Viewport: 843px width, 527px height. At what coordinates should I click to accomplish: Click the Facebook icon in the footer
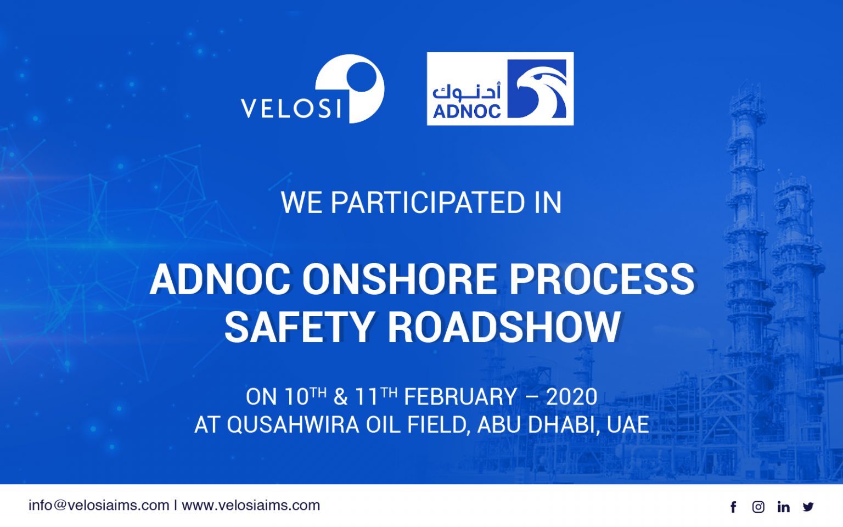[733, 507]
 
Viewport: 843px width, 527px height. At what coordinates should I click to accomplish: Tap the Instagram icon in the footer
[758, 507]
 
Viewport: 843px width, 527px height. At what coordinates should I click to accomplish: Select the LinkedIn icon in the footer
[783, 507]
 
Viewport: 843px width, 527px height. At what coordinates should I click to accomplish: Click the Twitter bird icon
[808, 507]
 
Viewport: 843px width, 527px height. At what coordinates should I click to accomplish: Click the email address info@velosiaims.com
[99, 505]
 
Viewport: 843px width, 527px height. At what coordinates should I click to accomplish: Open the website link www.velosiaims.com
[251, 505]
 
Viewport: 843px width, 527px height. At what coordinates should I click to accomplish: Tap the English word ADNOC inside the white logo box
[467, 111]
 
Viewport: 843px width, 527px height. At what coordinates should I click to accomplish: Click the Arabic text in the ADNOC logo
[467, 91]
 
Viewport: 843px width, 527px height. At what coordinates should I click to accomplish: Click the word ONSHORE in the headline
[400, 279]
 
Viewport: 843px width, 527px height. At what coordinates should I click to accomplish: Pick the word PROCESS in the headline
[602, 279]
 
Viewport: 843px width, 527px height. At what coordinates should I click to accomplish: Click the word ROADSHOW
[504, 327]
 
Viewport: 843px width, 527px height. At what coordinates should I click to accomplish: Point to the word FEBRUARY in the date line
[460, 397]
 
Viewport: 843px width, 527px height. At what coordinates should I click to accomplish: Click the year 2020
[571, 397]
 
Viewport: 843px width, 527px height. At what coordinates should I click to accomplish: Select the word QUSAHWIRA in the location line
[293, 425]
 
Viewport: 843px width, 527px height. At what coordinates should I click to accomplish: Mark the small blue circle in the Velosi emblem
[361, 76]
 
